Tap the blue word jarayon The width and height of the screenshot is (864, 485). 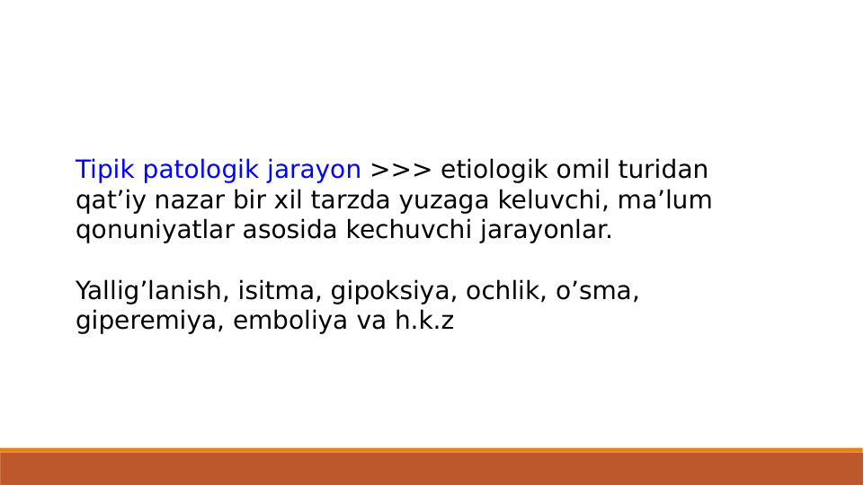click(x=314, y=170)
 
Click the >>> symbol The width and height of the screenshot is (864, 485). click(x=401, y=170)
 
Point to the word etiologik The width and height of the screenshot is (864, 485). click(x=495, y=170)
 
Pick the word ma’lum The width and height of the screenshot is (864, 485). click(x=664, y=200)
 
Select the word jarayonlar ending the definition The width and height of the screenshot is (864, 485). click(x=546, y=230)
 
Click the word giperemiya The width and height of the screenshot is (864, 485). click(x=147, y=322)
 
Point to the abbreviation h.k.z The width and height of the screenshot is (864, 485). click(x=424, y=322)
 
